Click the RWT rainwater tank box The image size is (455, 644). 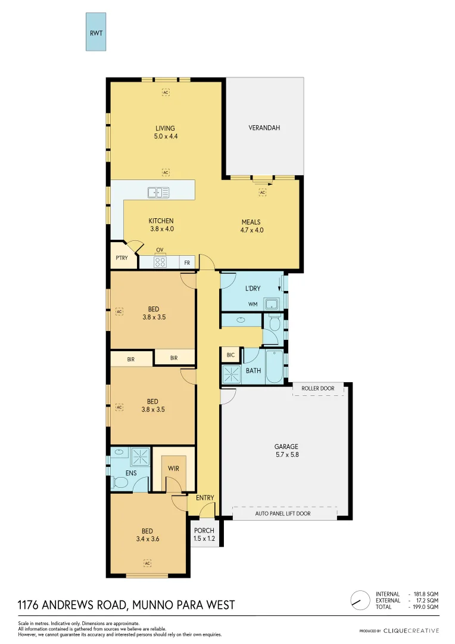pos(96,33)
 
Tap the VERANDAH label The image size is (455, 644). pos(264,128)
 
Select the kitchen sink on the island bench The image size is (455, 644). pos(158,192)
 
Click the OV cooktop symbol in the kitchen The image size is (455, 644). pos(160,261)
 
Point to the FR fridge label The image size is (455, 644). pos(186,262)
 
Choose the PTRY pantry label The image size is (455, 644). pos(121,258)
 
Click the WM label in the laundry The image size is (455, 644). pos(253,305)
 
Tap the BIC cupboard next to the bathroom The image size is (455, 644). pos(230,355)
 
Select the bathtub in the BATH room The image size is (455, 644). pos(275,366)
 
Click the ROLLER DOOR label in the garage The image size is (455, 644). pos(322,388)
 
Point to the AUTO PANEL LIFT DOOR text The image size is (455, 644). pos(283,513)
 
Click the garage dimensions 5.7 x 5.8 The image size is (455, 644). pos(286,454)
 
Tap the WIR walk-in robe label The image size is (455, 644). pos(173,469)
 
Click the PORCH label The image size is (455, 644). pos(204,531)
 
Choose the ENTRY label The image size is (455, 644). pos(204,498)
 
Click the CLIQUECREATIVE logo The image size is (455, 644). pos(411,630)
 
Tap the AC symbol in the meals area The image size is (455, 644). pos(262,192)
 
